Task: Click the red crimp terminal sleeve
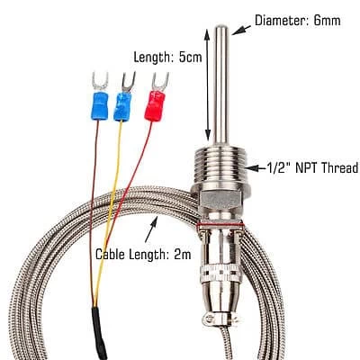point(155,106)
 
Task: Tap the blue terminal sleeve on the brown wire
point(99,106)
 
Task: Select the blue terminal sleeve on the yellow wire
point(122,106)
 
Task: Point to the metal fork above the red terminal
point(160,82)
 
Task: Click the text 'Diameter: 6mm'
point(298,21)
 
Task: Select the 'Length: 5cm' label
point(167,57)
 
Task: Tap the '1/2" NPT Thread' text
point(312,167)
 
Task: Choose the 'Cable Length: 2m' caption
point(143,255)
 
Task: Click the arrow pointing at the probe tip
point(241,30)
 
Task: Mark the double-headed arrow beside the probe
point(207,85)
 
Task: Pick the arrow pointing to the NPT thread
point(256,168)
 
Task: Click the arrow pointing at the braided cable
point(151,229)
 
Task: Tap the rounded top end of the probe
point(221,28)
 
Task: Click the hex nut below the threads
point(221,199)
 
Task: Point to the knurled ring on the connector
point(221,274)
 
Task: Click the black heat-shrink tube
point(99,333)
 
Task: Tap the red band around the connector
point(220,224)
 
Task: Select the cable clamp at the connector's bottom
point(220,320)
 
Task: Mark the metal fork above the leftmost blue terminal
point(100,82)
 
